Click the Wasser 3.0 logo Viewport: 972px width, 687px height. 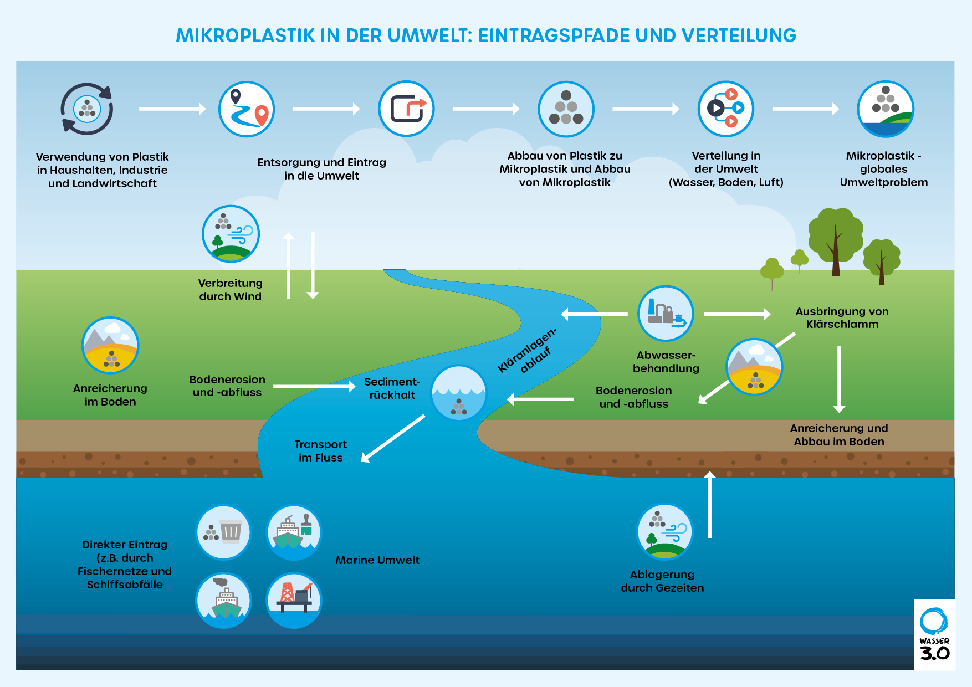934,634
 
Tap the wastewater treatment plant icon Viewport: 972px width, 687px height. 666,314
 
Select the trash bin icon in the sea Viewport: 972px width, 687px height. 223,532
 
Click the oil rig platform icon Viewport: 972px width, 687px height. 294,600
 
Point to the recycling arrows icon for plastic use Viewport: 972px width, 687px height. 87,109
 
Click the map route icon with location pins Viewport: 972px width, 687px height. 247,109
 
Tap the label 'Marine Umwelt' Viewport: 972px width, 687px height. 377,560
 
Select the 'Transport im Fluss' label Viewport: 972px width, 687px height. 320,451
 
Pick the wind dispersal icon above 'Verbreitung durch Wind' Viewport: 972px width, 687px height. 231,234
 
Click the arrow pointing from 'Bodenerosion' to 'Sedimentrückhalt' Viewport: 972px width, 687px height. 314,386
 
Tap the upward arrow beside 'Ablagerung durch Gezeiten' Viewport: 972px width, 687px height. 710,504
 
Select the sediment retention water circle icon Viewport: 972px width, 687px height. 459,393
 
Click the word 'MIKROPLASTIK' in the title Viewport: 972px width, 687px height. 245,35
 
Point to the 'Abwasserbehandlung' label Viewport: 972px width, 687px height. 666,362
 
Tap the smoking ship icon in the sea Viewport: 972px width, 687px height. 223,600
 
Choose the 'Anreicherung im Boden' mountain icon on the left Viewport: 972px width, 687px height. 110,345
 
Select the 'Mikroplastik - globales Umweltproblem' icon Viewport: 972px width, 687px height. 885,109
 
